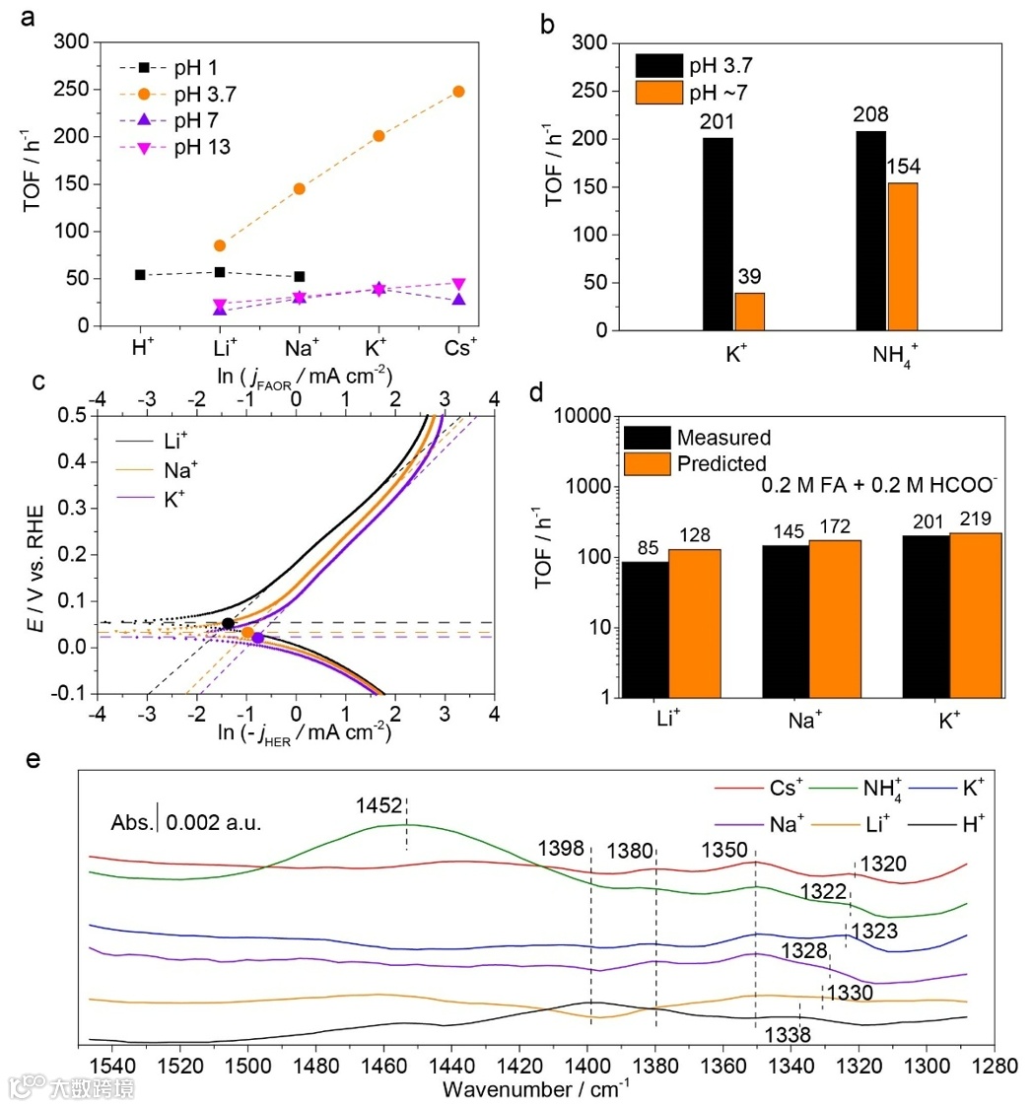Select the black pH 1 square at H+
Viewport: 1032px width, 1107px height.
[140, 274]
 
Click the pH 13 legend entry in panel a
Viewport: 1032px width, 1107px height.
[167, 147]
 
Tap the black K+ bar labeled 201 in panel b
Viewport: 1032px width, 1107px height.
[718, 235]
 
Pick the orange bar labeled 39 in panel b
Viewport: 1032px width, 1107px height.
[749, 311]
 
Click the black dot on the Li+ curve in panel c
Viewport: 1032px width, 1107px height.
[228, 623]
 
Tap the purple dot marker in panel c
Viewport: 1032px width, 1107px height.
[258, 638]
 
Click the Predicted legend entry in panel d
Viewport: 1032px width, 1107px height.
[711, 462]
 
